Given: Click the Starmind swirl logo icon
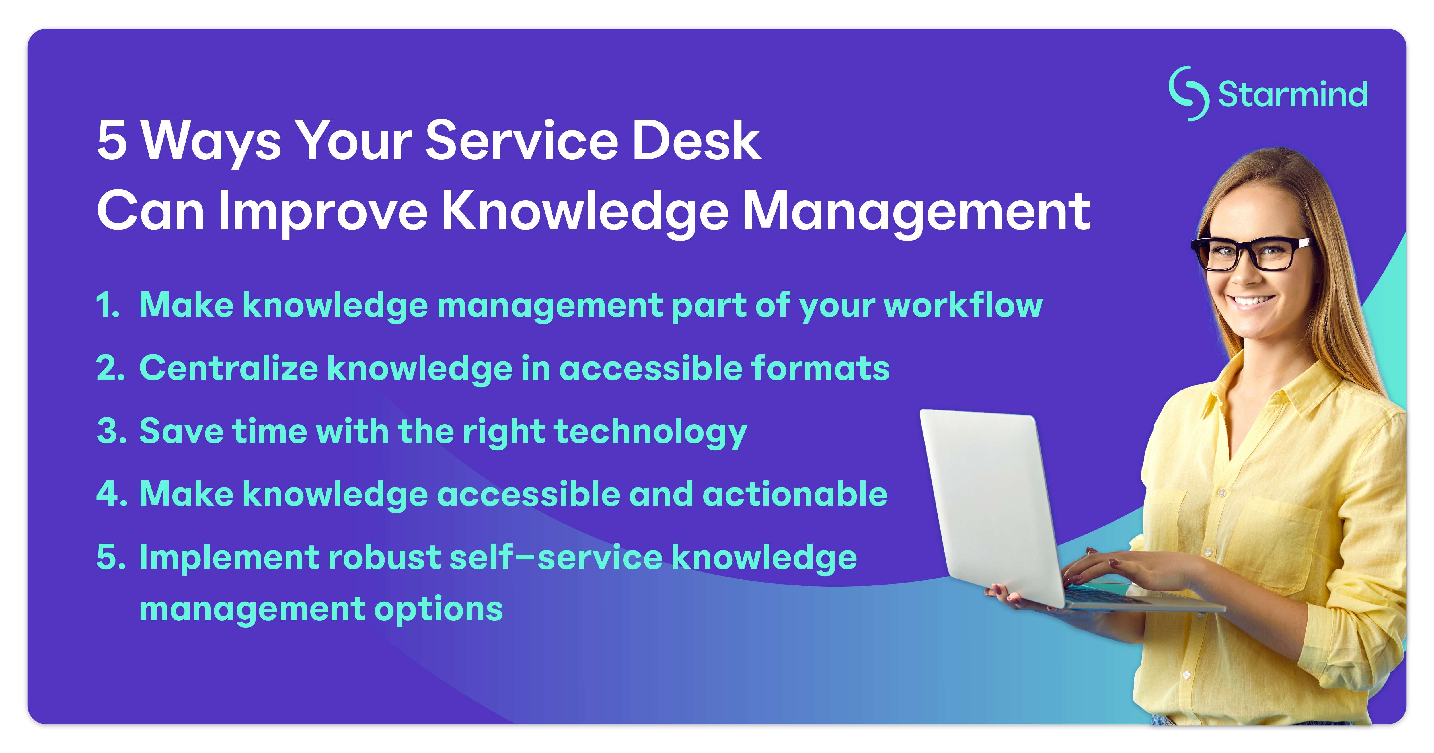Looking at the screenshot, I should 1188,94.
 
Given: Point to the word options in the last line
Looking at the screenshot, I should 439,609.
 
